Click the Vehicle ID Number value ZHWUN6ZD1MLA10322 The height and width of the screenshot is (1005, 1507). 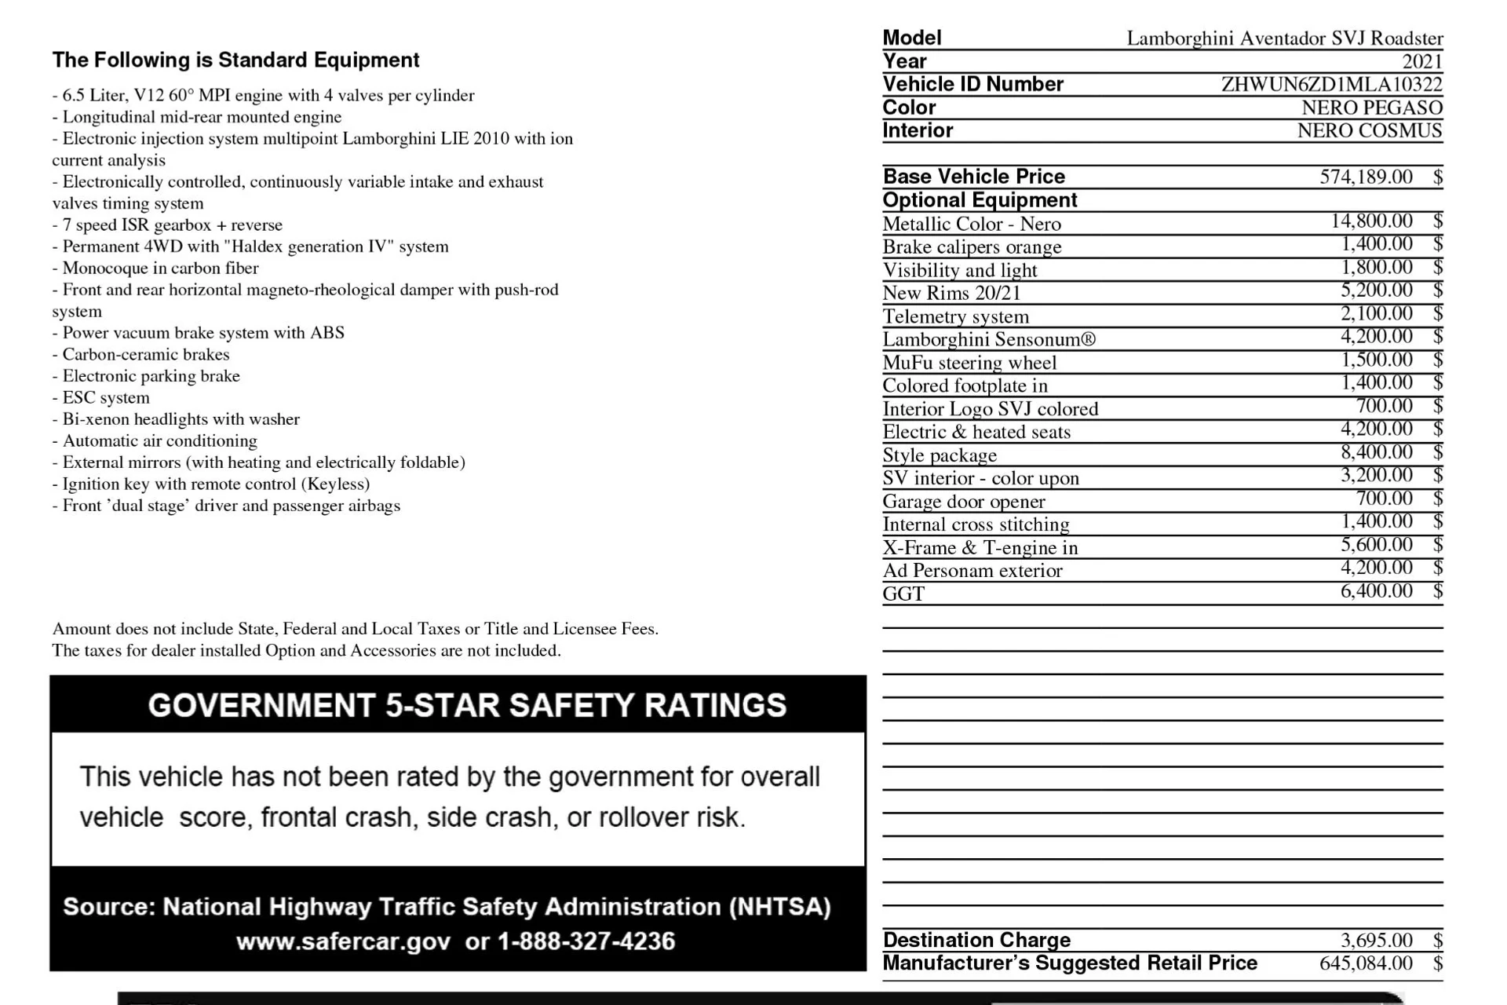pos(1331,84)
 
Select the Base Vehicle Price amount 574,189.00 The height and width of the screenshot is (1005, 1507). pos(1366,177)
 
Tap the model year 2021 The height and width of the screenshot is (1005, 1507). pos(1422,61)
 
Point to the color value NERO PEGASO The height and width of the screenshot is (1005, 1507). pos(1371,108)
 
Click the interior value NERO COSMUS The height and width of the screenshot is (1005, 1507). pos(1369,130)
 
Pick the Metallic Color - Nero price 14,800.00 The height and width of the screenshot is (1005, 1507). pos(1371,221)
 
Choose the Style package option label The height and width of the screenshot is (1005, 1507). pos(940,455)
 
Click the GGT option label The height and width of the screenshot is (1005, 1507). pos(903,594)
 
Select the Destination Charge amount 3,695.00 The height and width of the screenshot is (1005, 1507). pos(1376,940)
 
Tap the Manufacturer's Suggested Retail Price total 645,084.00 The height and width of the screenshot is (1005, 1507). pos(1366,963)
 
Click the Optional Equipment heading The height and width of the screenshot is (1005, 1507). pos(980,200)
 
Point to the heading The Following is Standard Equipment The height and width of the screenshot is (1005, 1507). pos(235,60)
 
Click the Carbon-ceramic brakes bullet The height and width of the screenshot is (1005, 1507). pos(146,354)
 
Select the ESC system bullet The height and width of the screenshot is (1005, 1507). pos(106,397)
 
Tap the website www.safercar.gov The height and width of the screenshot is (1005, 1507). pos(343,941)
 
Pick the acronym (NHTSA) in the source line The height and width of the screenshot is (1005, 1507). pos(779,907)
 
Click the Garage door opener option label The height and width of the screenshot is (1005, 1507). pos(964,502)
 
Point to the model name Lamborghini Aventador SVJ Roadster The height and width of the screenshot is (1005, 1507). pos(1285,38)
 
